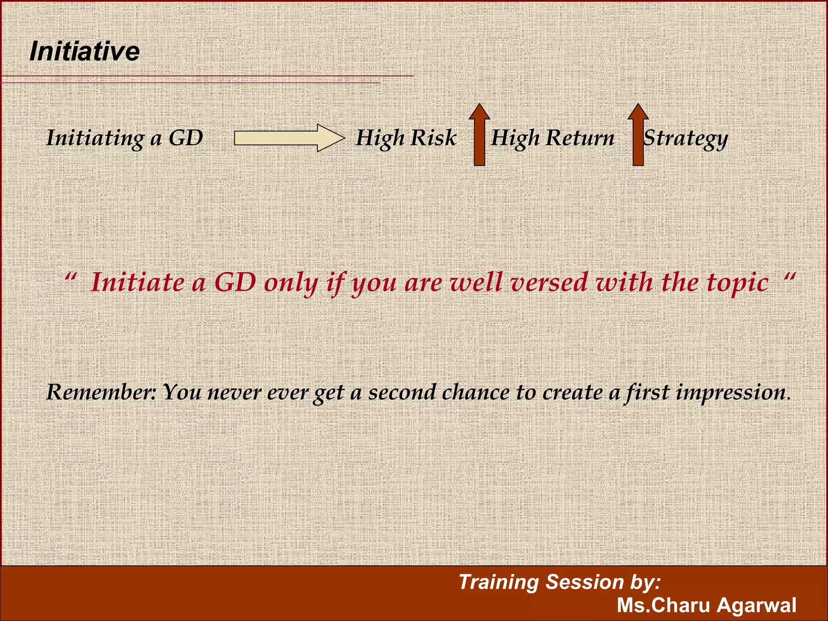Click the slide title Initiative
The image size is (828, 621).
84,52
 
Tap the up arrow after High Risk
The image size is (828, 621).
479,135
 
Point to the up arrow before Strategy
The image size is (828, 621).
638,135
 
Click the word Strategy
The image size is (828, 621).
686,138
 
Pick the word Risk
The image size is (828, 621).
433,138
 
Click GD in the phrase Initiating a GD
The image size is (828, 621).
186,138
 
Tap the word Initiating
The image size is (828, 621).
95,138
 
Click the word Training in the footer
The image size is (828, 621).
499,583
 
